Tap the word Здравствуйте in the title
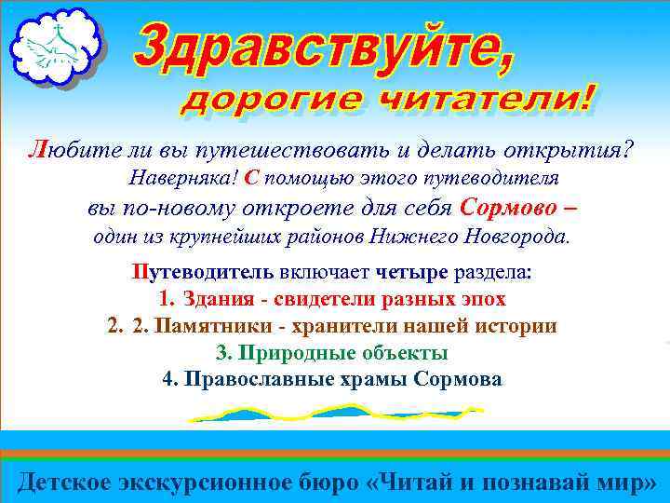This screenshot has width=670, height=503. coord(321,48)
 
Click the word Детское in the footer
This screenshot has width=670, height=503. coord(64,482)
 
